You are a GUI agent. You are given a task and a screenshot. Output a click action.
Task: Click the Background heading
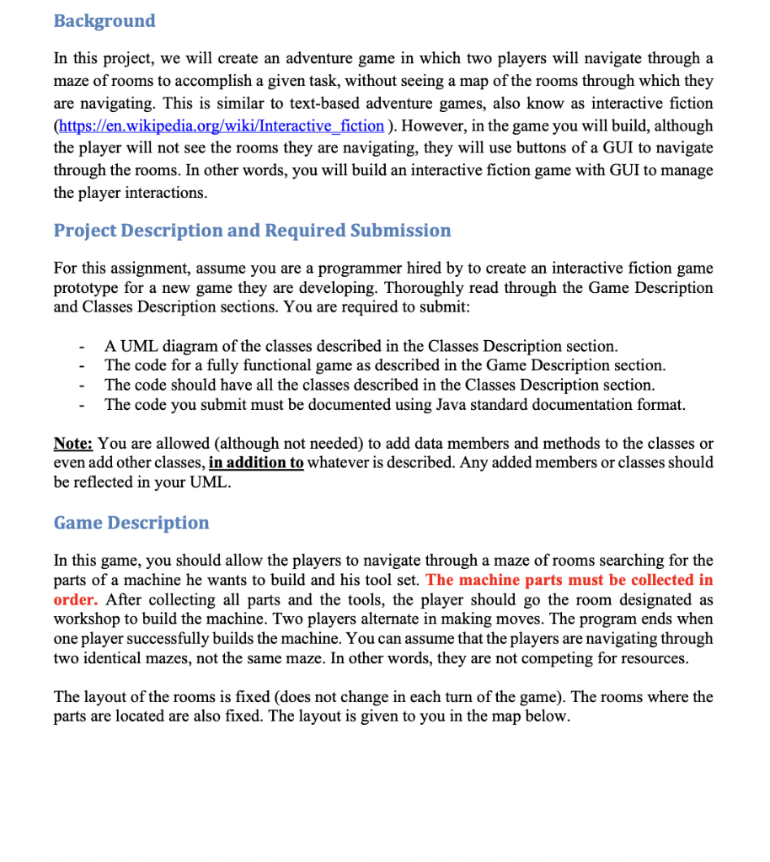click(104, 21)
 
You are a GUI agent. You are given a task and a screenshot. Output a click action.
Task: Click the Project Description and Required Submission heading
click(252, 231)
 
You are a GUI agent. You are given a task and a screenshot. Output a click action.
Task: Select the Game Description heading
click(131, 523)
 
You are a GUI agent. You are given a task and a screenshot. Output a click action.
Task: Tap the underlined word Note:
click(73, 444)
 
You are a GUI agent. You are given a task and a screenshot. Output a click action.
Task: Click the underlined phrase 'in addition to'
click(256, 463)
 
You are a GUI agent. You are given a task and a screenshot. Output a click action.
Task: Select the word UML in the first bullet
click(135, 346)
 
